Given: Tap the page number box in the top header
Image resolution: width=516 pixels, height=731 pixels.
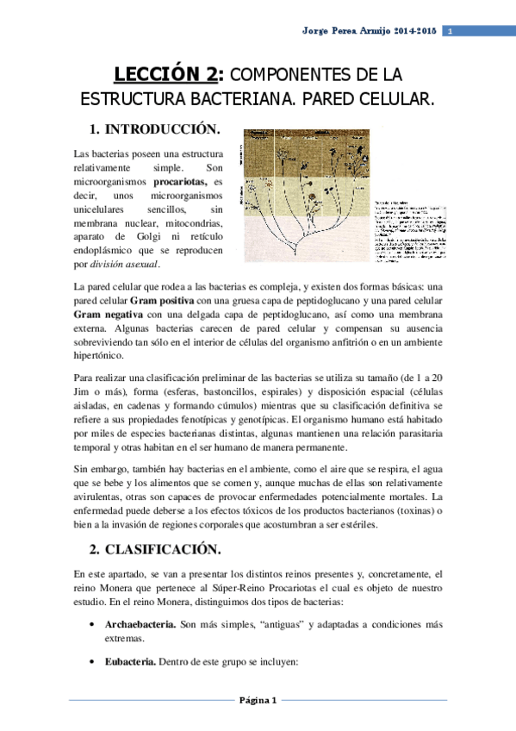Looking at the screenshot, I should coord(450,32).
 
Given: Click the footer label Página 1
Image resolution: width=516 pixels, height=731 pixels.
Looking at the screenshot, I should coord(258,700).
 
